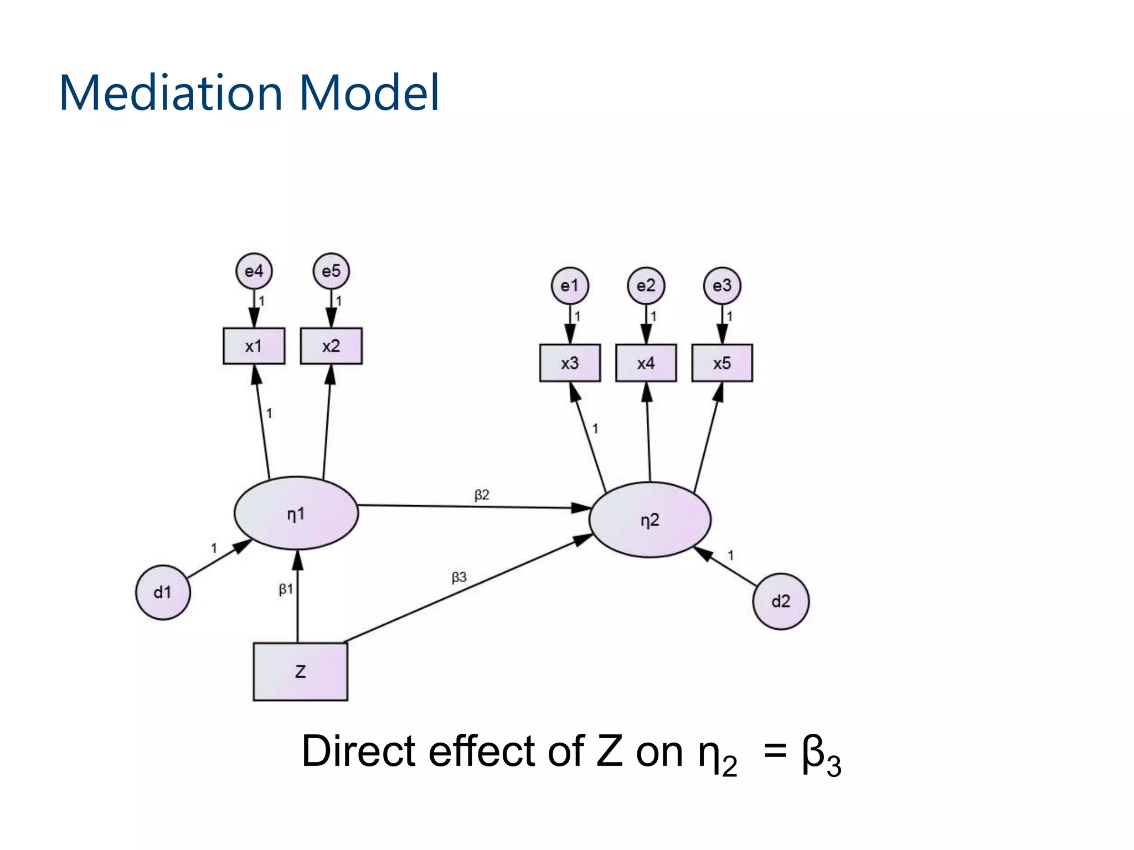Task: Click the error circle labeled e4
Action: click(x=254, y=271)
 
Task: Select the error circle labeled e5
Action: click(x=331, y=271)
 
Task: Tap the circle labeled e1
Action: click(x=569, y=286)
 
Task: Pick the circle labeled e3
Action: click(x=722, y=286)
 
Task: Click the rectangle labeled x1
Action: click(x=254, y=346)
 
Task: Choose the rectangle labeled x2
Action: click(x=331, y=346)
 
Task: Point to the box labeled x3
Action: click(x=570, y=363)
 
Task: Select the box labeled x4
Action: click(x=646, y=363)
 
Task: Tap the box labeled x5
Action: click(x=722, y=363)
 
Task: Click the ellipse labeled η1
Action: click(x=296, y=514)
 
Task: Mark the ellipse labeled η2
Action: click(x=650, y=520)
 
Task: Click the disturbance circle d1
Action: click(x=163, y=592)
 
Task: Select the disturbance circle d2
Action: click(x=781, y=602)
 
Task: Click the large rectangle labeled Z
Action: click(x=301, y=672)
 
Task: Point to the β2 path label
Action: click(x=482, y=495)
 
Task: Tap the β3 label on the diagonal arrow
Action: click(x=459, y=578)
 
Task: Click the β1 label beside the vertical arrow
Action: click(x=286, y=589)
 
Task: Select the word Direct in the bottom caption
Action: click(x=358, y=751)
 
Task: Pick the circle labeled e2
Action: click(x=646, y=286)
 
